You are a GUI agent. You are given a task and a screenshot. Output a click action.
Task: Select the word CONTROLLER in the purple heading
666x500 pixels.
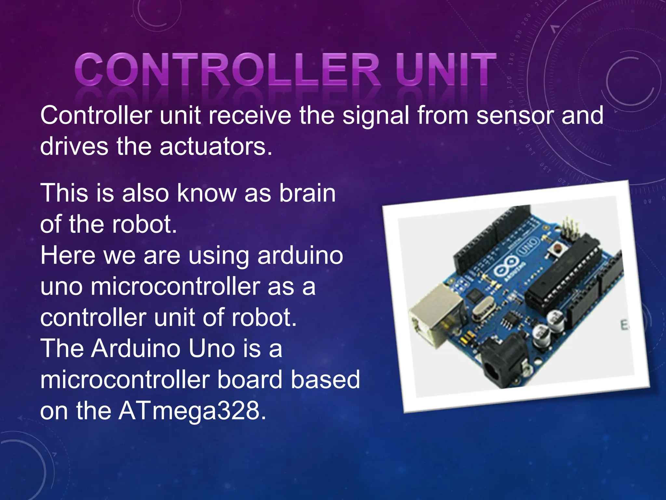click(228, 69)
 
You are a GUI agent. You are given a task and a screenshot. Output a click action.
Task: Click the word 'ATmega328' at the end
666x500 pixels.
click(192, 411)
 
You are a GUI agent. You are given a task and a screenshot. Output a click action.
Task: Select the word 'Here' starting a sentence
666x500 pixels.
click(68, 256)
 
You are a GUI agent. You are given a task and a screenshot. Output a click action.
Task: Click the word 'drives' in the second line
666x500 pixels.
click(74, 147)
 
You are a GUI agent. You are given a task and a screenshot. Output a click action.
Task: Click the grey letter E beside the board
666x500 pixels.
click(624, 325)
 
